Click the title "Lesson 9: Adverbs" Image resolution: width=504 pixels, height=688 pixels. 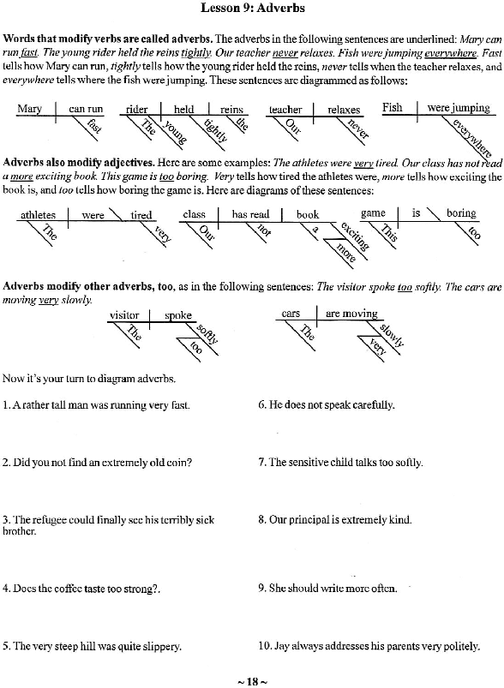253,8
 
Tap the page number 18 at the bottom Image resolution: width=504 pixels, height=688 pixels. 253,681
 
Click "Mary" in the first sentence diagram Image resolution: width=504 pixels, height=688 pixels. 29,108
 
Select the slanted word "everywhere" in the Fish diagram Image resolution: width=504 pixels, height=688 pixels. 471,138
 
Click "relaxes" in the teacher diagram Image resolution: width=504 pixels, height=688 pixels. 344,110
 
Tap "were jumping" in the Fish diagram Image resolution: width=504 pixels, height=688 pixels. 459,108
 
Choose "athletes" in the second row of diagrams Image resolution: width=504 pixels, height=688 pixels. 39,215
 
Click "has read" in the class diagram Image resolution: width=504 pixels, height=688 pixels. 250,214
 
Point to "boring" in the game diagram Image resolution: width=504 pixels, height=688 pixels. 461,212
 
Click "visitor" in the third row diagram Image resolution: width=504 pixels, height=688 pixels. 124,315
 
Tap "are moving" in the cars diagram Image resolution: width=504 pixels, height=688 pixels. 351,314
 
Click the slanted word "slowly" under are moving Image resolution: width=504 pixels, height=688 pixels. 391,335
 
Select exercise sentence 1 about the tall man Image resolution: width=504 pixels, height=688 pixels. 96,405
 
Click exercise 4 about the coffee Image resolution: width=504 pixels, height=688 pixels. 81,589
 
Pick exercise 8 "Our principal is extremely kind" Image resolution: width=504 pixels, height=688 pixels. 335,520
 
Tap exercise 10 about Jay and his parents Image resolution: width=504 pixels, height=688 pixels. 369,646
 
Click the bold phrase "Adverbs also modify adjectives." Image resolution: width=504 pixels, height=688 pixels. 79,162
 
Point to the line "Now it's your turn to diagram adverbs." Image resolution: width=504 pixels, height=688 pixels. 89,379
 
